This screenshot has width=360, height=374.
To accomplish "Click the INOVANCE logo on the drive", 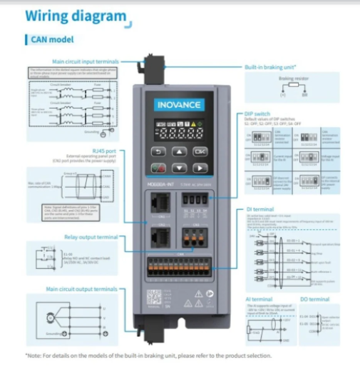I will [x=178, y=105].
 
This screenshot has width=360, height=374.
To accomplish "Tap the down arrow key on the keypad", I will [x=178, y=169].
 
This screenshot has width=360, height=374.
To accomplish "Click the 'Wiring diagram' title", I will [x=76, y=18].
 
